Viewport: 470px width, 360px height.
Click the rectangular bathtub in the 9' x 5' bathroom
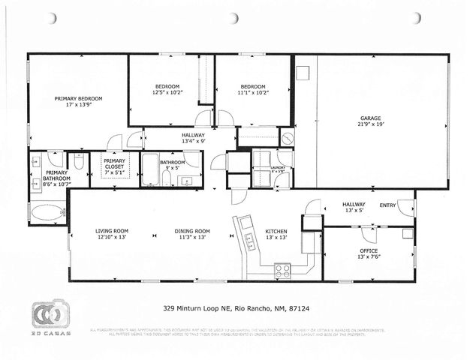pos(150,169)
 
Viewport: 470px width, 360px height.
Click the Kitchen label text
pos(276,231)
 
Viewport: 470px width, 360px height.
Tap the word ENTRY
pos(387,204)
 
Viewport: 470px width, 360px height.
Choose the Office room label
pos(367,250)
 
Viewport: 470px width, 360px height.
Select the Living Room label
pos(112,231)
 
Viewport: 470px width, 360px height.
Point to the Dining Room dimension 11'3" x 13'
pos(191,237)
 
